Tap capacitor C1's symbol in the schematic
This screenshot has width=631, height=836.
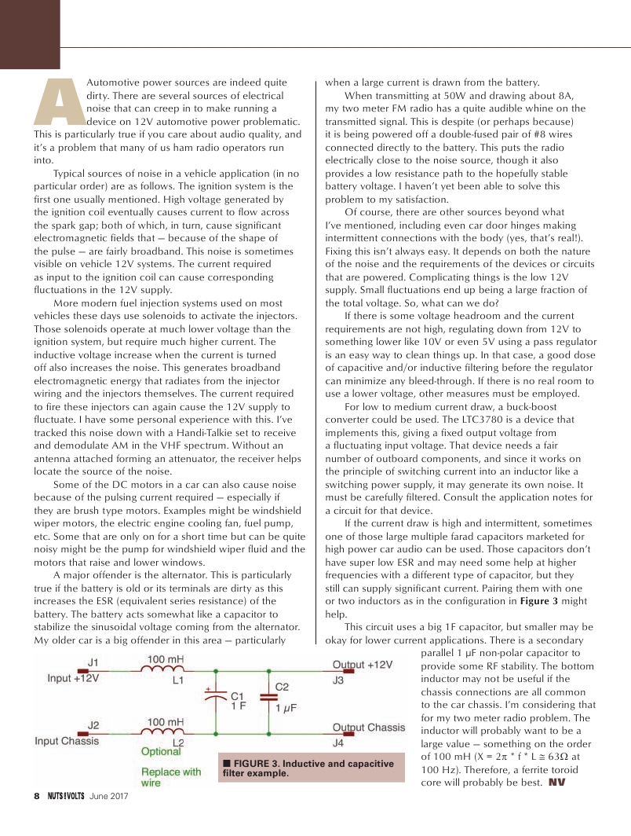[x=217, y=700]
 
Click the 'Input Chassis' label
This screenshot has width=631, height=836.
[x=67, y=741]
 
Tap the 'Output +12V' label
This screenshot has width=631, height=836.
[x=363, y=664]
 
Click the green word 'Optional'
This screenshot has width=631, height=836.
[x=161, y=752]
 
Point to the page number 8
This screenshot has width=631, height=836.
[x=36, y=795]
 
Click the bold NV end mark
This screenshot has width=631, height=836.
[x=556, y=782]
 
